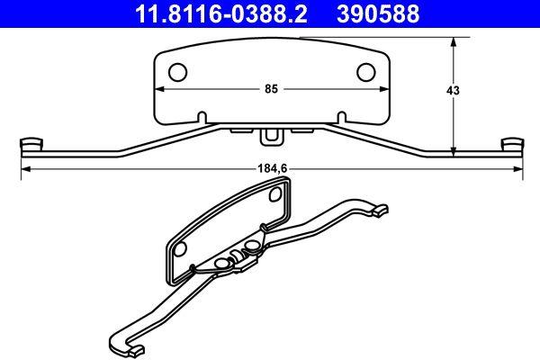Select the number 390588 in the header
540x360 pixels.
390,13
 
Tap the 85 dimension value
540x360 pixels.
271,89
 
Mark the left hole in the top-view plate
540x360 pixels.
178,71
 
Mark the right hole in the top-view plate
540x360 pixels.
366,71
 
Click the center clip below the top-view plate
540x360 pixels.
271,136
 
